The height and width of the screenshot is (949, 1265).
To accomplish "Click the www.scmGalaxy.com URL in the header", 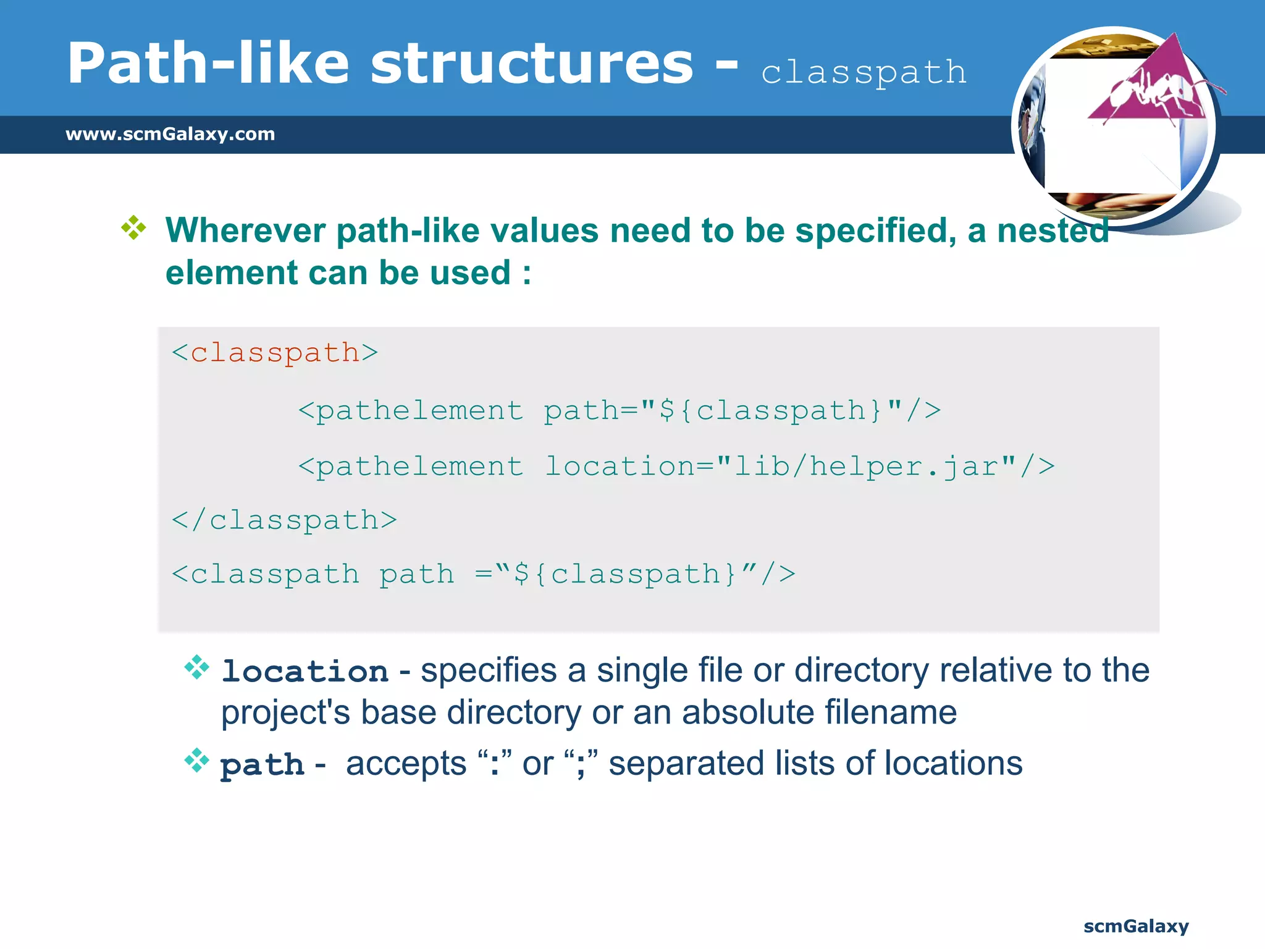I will tap(170, 134).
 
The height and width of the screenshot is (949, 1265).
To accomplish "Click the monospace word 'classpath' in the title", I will tap(864, 73).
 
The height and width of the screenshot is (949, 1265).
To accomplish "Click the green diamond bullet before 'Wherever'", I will tap(133, 228).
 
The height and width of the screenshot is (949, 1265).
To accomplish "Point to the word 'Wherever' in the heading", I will tap(245, 230).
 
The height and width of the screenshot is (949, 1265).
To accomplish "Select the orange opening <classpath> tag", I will tap(275, 353).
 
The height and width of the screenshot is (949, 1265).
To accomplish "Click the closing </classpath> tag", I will tap(284, 520).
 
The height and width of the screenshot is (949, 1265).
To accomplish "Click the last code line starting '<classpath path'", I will tap(483, 574).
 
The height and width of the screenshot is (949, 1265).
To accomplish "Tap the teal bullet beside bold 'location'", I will tap(197, 667).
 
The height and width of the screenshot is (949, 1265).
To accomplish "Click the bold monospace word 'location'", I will tap(305, 672).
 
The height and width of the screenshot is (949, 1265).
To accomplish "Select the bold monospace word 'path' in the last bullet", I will tap(262, 765).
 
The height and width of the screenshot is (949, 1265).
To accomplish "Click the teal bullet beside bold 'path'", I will tap(197, 761).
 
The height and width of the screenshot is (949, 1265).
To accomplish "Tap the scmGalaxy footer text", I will tap(1135, 926).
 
